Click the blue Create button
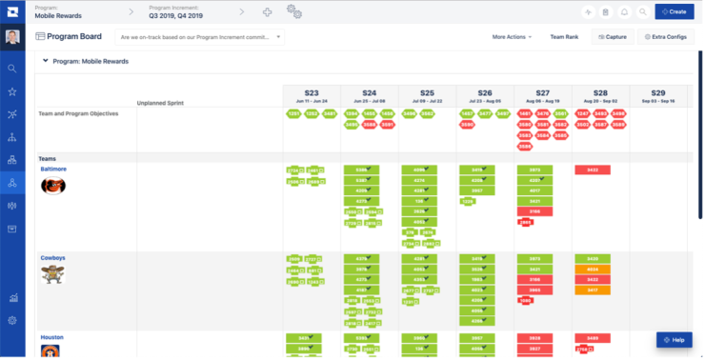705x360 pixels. coord(674,11)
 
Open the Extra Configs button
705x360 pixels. coord(664,37)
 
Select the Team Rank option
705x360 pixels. coord(564,37)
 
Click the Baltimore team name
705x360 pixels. coord(53,169)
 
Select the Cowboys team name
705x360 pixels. coord(52,258)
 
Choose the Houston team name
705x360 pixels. coord(51,337)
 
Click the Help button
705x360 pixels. coord(674,340)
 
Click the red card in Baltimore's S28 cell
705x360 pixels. coord(593,170)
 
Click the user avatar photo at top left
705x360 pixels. coord(11,37)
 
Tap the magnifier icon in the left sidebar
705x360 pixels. coord(11,69)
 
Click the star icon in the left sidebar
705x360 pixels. coord(11,91)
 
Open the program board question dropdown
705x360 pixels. coord(199,37)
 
